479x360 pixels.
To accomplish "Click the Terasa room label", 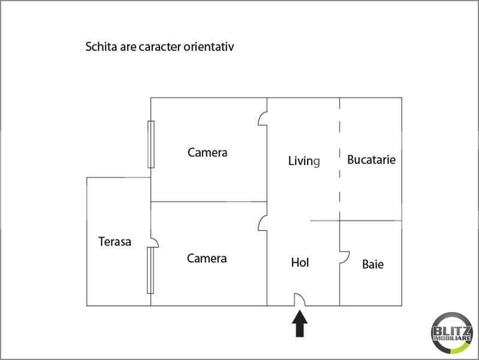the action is click(115, 242).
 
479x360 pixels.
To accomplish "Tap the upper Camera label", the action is click(207, 152).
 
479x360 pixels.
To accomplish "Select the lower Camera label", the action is click(207, 259).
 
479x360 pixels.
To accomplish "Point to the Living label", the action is click(304, 161).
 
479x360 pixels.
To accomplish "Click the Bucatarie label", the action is click(371, 160).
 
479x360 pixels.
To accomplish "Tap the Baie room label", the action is click(373, 264).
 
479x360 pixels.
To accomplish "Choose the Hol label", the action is click(300, 262).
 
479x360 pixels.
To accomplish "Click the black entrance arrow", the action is click(300, 323).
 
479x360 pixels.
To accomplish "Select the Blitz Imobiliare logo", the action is click(452, 333).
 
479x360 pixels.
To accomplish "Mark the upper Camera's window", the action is click(151, 145).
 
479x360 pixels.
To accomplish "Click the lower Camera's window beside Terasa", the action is click(150, 271).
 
